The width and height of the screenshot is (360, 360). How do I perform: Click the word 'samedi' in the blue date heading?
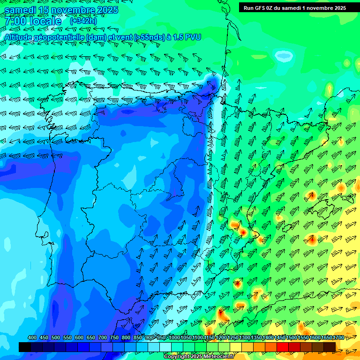20,10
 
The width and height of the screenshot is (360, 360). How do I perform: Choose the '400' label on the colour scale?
32,338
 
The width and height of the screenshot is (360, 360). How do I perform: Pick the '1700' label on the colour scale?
325,338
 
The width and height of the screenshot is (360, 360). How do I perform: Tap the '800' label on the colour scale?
126,338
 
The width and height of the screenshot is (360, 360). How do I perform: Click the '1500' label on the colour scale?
279,338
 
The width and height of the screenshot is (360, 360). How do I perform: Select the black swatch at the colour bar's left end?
25,347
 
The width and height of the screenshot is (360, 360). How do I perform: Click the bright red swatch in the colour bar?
283,347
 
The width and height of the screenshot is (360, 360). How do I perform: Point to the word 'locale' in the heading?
47,21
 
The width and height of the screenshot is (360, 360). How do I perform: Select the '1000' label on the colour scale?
174,338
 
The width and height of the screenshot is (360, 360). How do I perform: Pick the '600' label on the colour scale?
79,338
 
